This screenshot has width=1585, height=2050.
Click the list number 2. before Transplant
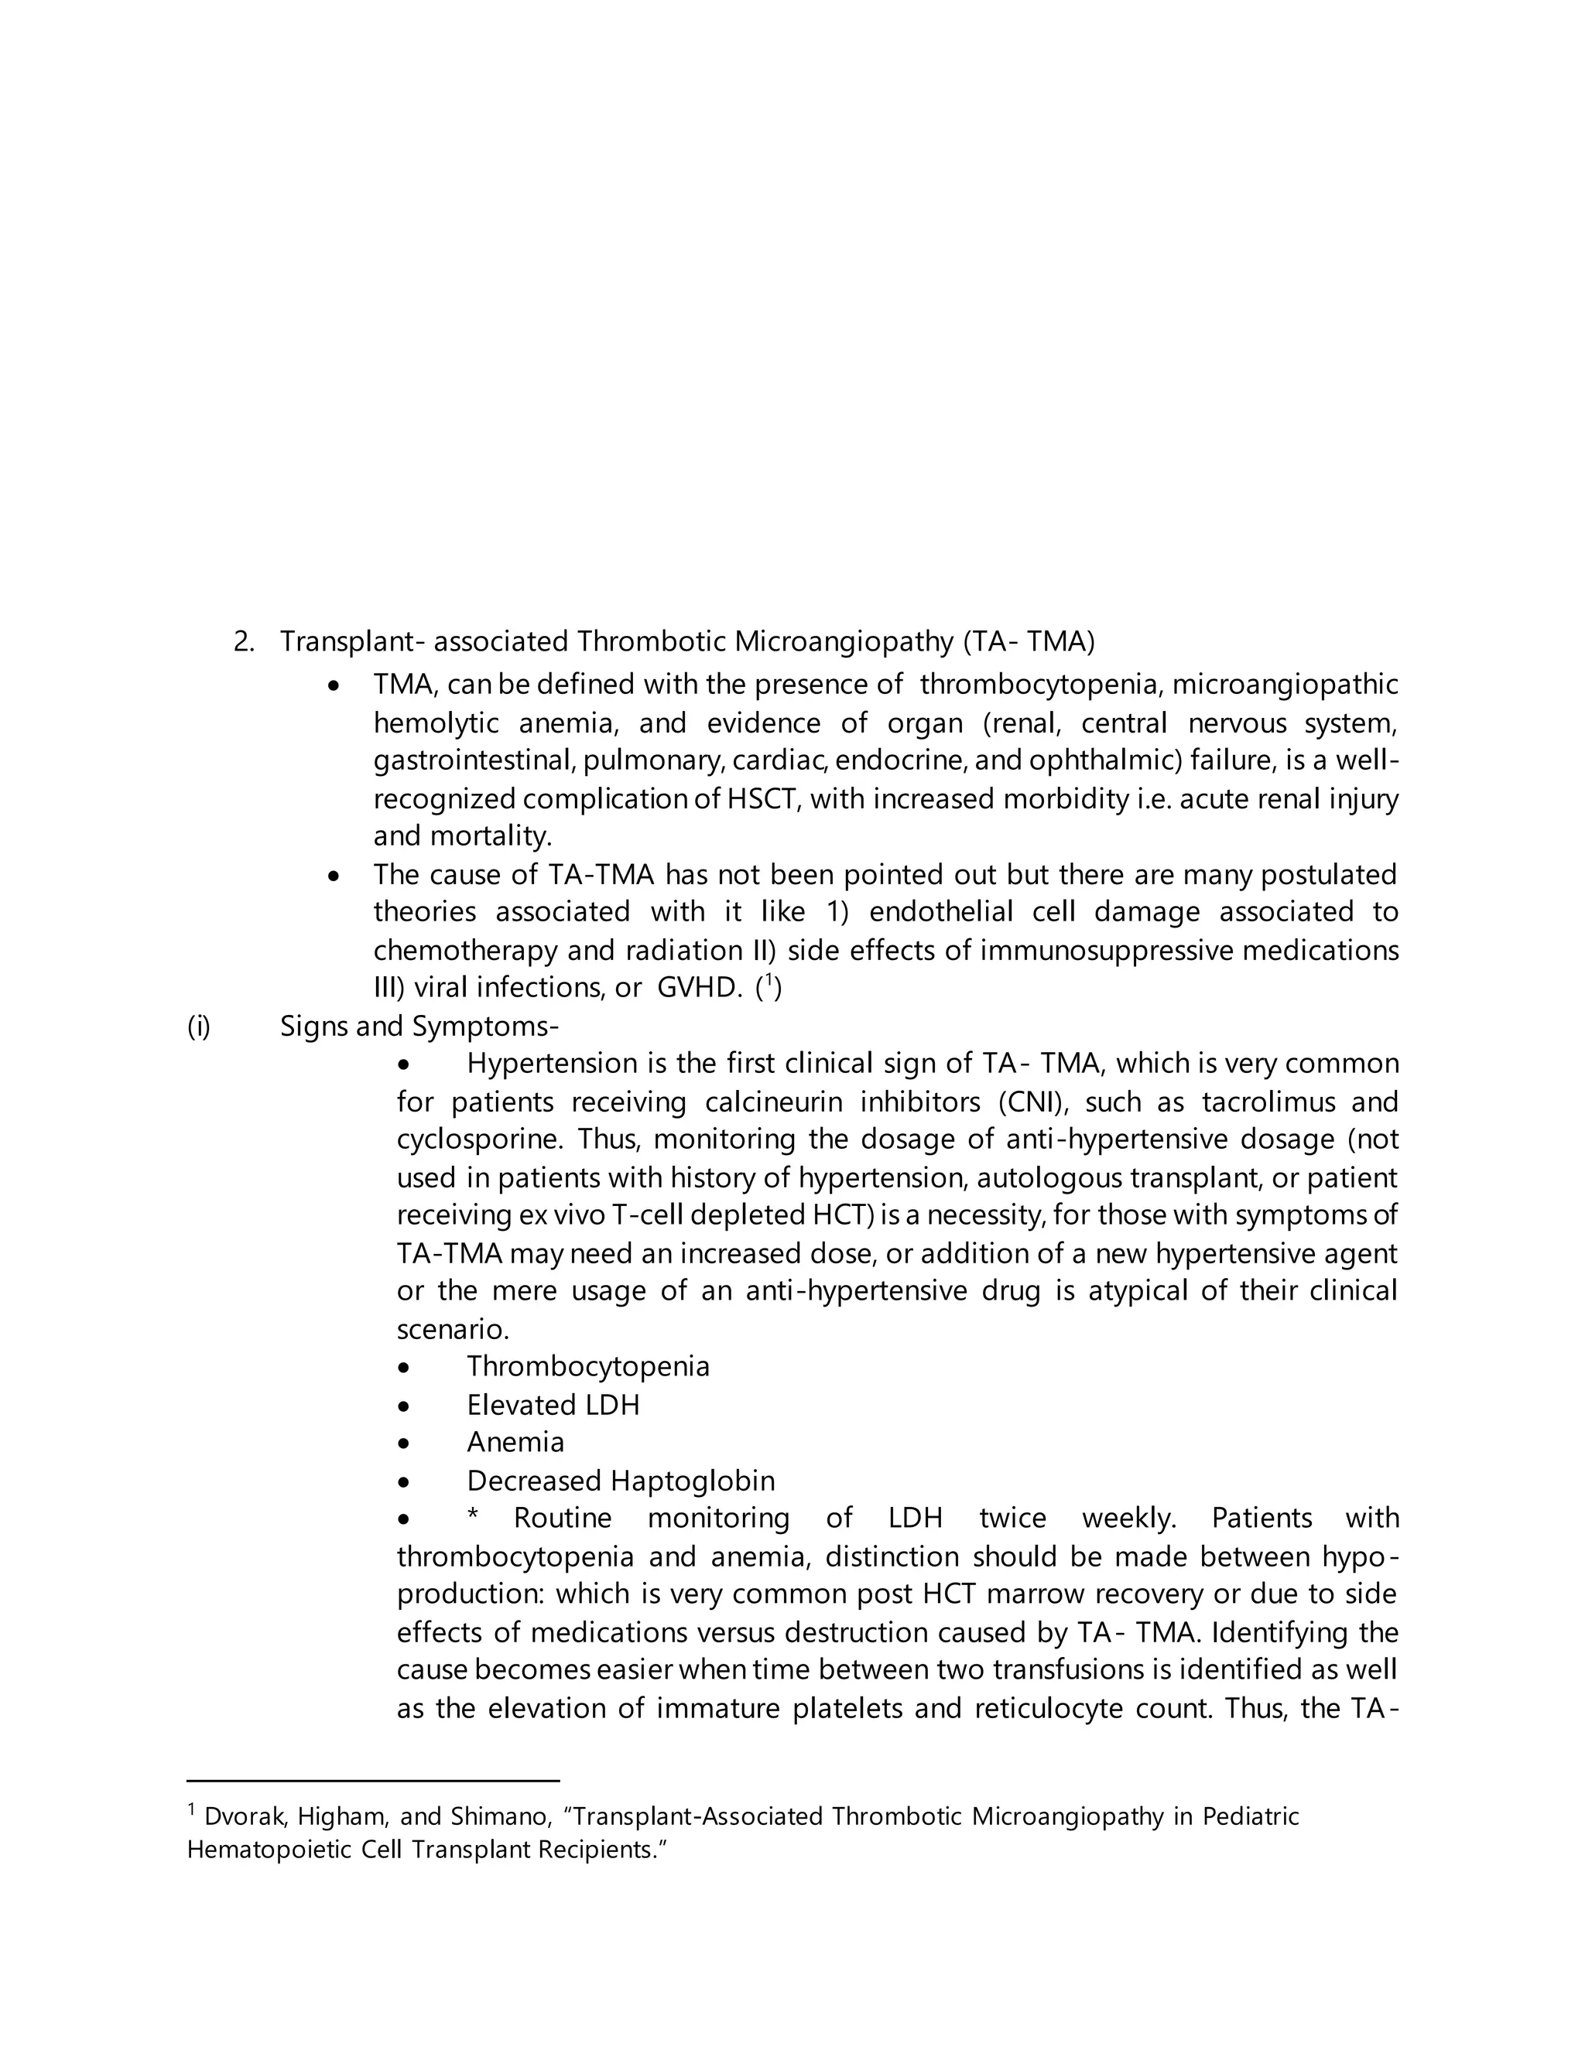tap(243, 642)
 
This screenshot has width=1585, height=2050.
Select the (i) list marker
tap(199, 1026)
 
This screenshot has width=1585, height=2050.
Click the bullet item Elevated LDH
tap(553, 1405)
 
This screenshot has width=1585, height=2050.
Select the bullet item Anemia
tap(515, 1443)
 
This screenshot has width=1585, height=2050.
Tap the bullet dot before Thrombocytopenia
tap(404, 1368)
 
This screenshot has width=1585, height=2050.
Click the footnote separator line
tap(373, 1780)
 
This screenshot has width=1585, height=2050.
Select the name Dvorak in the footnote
tap(244, 1817)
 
